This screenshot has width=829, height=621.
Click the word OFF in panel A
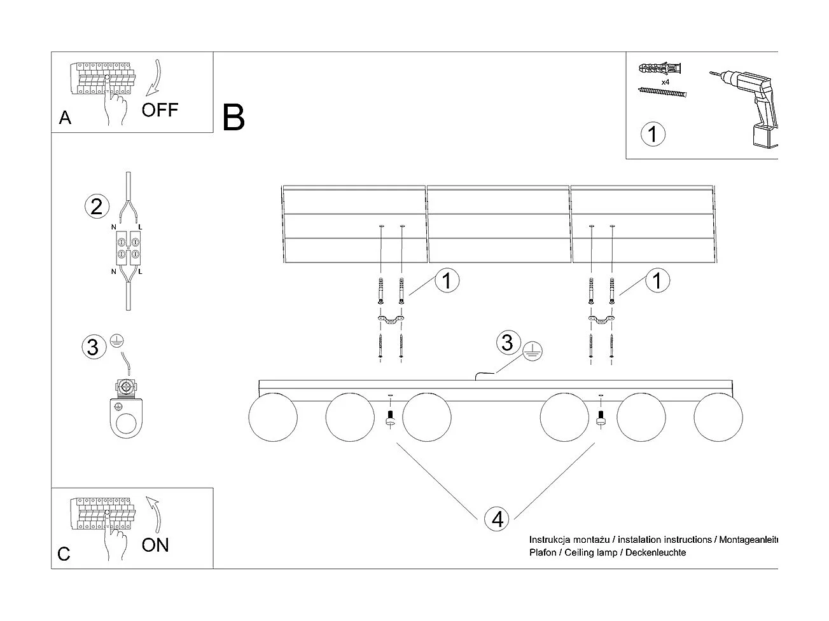[x=160, y=110]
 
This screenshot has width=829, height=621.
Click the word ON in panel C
[x=155, y=545]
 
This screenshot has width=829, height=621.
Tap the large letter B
[x=233, y=118]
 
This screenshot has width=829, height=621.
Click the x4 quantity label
[x=665, y=83]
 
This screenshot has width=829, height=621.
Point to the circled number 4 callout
[x=497, y=519]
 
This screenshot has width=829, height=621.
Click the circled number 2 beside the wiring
[x=96, y=207]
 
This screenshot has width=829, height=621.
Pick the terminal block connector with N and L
[x=128, y=248]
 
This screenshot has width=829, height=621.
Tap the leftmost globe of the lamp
[x=272, y=418]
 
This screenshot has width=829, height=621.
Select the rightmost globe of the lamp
[x=718, y=418]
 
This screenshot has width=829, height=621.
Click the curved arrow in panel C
[x=153, y=514]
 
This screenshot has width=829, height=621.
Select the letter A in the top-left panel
[x=65, y=118]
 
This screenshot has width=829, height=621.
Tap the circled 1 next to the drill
[x=653, y=134]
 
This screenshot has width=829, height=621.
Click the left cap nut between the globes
[x=391, y=418]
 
